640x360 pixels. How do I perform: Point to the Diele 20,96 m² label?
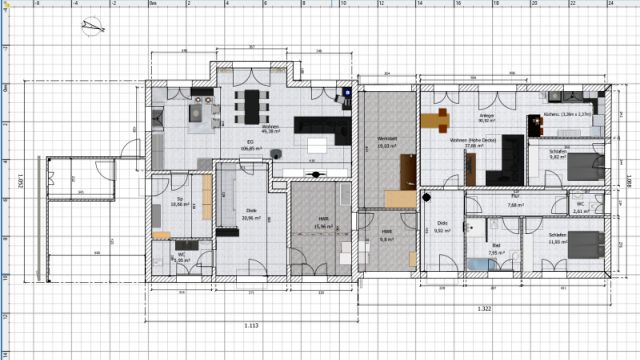tap(251, 214)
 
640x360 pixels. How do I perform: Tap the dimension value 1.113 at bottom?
tap(252, 326)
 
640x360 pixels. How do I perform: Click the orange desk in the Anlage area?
tap(436, 120)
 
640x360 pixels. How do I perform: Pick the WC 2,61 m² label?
tap(581, 208)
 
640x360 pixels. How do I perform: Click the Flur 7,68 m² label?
tap(514, 201)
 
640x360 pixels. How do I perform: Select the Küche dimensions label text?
tap(565, 115)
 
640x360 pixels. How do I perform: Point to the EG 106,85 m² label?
tap(242, 145)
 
